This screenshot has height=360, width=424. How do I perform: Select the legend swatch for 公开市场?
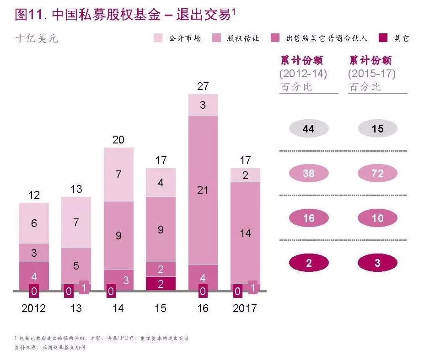[x=158, y=38]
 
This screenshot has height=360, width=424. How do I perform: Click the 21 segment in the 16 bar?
[x=203, y=190]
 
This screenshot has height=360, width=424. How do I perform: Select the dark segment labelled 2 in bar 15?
[x=161, y=283]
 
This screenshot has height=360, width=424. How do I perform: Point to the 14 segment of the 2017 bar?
[x=245, y=233]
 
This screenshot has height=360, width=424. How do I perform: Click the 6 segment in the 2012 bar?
[x=34, y=223]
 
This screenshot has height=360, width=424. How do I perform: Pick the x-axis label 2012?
[x=34, y=308]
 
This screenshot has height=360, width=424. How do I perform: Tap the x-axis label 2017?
[x=245, y=308]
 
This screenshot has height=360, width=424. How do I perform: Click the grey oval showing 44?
[x=309, y=129]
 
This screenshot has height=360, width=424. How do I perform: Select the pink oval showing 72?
[x=377, y=174]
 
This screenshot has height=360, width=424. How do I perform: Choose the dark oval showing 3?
[x=377, y=263]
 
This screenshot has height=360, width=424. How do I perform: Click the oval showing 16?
[x=309, y=218]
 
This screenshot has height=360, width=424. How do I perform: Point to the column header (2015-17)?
[x=371, y=74]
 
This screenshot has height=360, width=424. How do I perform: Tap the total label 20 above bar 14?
[x=118, y=140]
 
